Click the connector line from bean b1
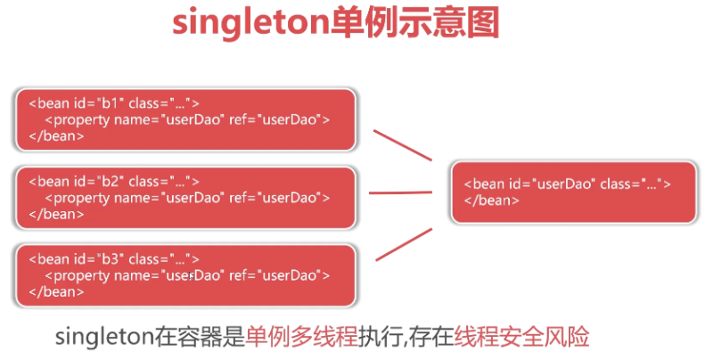402,145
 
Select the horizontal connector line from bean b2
400,192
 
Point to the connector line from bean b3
404,244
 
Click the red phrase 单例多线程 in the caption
300,337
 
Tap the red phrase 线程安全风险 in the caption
521,337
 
